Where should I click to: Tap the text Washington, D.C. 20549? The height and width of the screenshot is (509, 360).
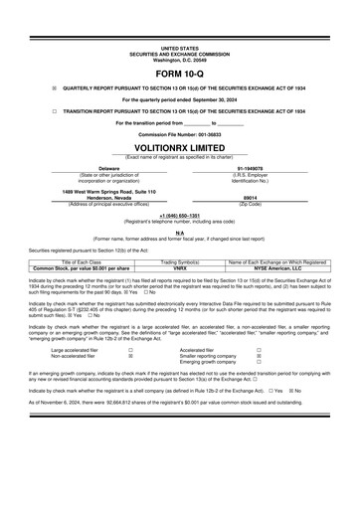(179, 60)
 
